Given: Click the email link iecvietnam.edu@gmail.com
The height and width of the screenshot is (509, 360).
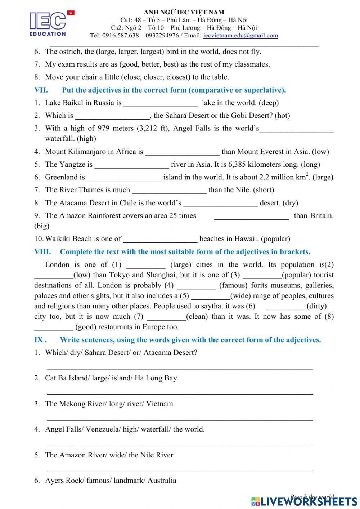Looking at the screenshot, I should [x=240, y=35].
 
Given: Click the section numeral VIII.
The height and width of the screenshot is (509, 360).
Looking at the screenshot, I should [x=42, y=252].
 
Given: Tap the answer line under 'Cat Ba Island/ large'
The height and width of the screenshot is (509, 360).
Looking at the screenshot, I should [x=180, y=393].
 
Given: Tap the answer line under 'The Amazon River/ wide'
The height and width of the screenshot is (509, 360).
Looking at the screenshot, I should [x=180, y=470].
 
